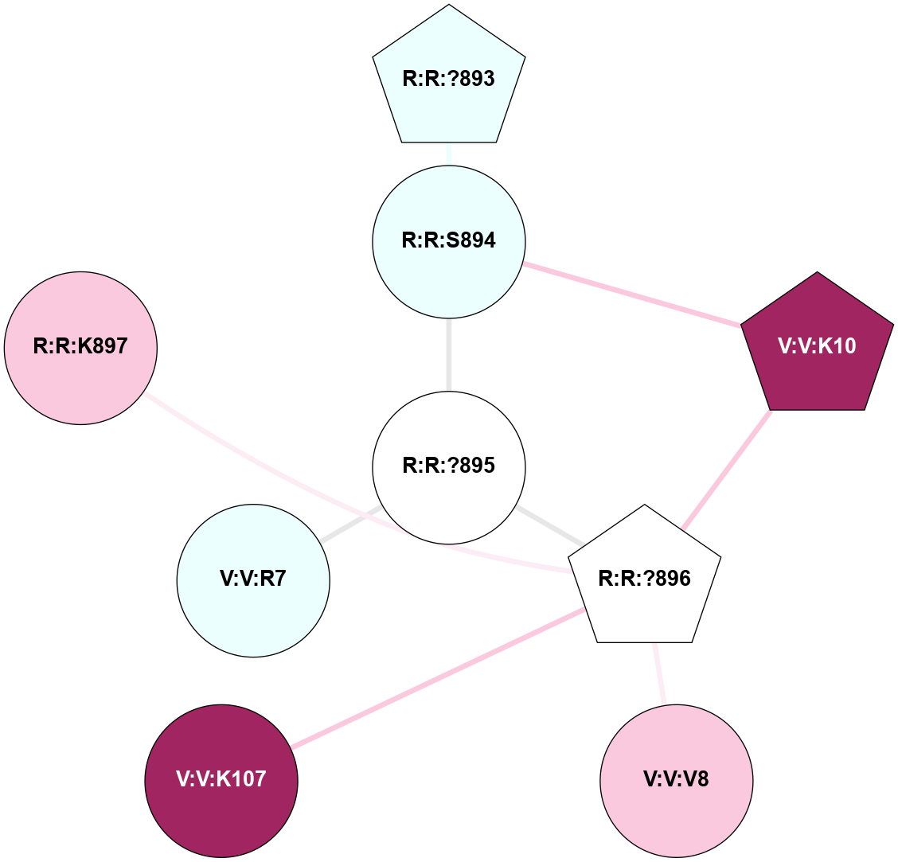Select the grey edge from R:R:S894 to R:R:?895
pyautogui.click(x=449, y=354)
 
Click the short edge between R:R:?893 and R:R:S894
pyautogui.click(x=449, y=154)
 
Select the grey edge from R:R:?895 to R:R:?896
pyautogui.click(x=549, y=526)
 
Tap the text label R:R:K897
pyautogui.click(x=80, y=348)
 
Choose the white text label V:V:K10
pyautogui.click(x=818, y=347)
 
